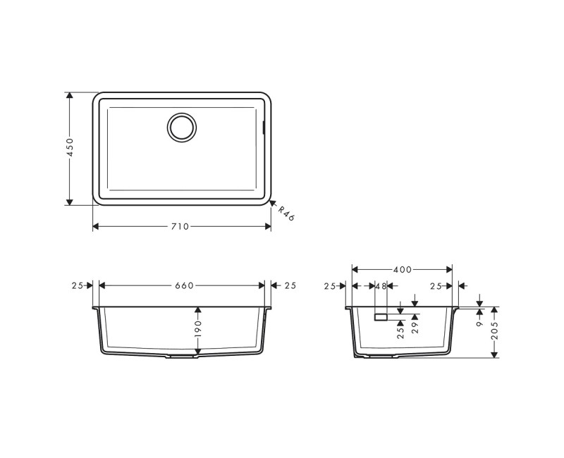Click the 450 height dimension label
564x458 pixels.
click(70, 148)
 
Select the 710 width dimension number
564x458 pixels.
click(180, 226)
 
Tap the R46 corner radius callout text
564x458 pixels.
click(285, 214)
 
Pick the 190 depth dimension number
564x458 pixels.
click(199, 328)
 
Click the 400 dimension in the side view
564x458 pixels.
click(403, 270)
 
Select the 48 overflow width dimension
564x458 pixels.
click(381, 286)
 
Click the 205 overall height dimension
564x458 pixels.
click(495, 328)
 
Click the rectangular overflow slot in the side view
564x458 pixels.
click(381, 318)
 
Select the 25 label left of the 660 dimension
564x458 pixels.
click(77, 285)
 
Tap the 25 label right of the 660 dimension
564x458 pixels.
click(290, 285)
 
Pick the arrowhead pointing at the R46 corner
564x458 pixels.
click(272, 204)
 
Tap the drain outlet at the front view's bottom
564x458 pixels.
click(182, 358)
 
